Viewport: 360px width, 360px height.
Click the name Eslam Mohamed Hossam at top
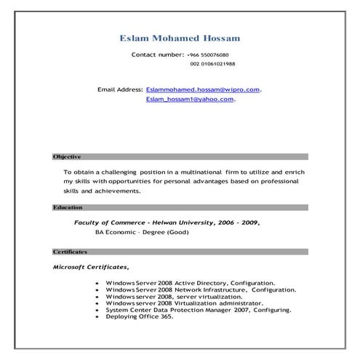click(180, 38)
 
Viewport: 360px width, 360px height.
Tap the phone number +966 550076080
click(208, 55)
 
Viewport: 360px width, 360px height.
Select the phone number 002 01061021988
click(212, 65)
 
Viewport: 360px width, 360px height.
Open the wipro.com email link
click(203, 89)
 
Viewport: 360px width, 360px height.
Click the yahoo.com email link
click(190, 99)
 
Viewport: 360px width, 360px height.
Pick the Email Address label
click(120, 89)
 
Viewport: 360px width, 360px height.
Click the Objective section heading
click(67, 157)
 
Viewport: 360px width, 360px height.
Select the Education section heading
click(68, 207)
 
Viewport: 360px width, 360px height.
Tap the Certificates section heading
click(70, 252)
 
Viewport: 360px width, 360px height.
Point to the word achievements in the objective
click(117, 191)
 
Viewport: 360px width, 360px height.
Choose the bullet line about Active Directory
click(190, 283)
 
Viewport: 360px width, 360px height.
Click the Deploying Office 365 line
click(139, 317)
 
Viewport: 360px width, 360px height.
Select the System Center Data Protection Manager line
click(198, 311)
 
